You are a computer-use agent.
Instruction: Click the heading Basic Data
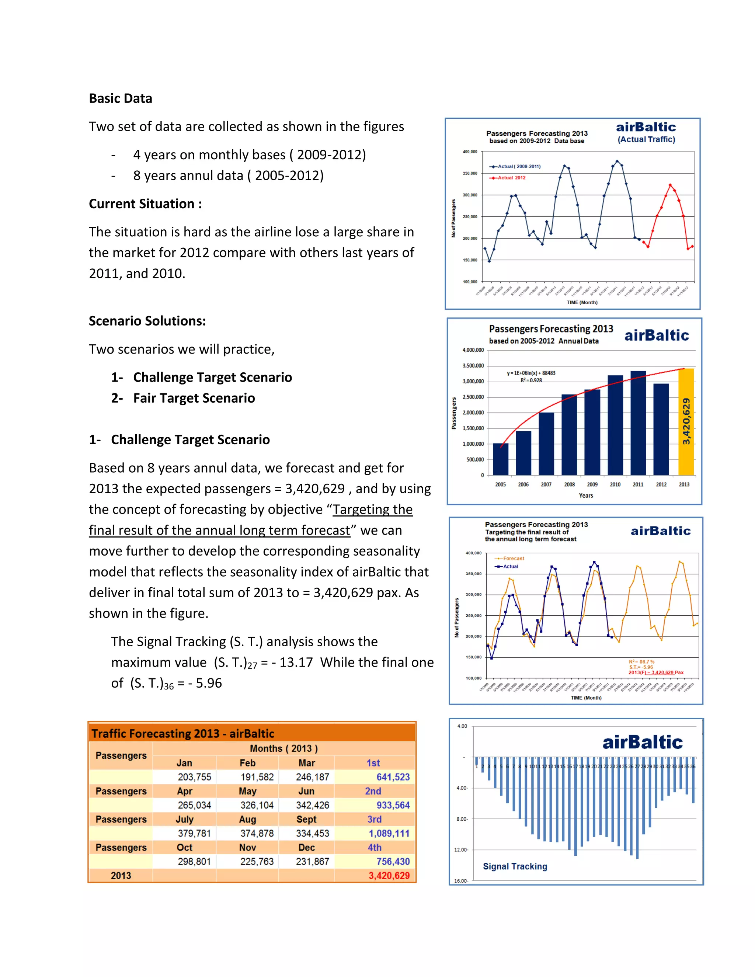coord(120,98)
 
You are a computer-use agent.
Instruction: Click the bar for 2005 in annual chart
coord(501,459)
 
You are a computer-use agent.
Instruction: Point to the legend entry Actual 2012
coord(511,178)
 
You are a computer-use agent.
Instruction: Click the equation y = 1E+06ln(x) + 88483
coord(531,373)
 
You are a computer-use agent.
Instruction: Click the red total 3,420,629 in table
coord(389,876)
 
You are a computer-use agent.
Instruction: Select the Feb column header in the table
coord(247,763)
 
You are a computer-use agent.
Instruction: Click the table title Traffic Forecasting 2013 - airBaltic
coord(182,734)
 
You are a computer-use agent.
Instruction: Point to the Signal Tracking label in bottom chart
coord(515,866)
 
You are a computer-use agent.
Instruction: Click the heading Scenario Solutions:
coord(147,321)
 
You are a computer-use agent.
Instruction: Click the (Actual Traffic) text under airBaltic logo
coord(646,140)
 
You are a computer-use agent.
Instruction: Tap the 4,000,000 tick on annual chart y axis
coord(473,350)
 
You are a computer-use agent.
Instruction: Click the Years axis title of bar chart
coord(585,495)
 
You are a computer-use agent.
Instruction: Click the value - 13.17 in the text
coord(292,663)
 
